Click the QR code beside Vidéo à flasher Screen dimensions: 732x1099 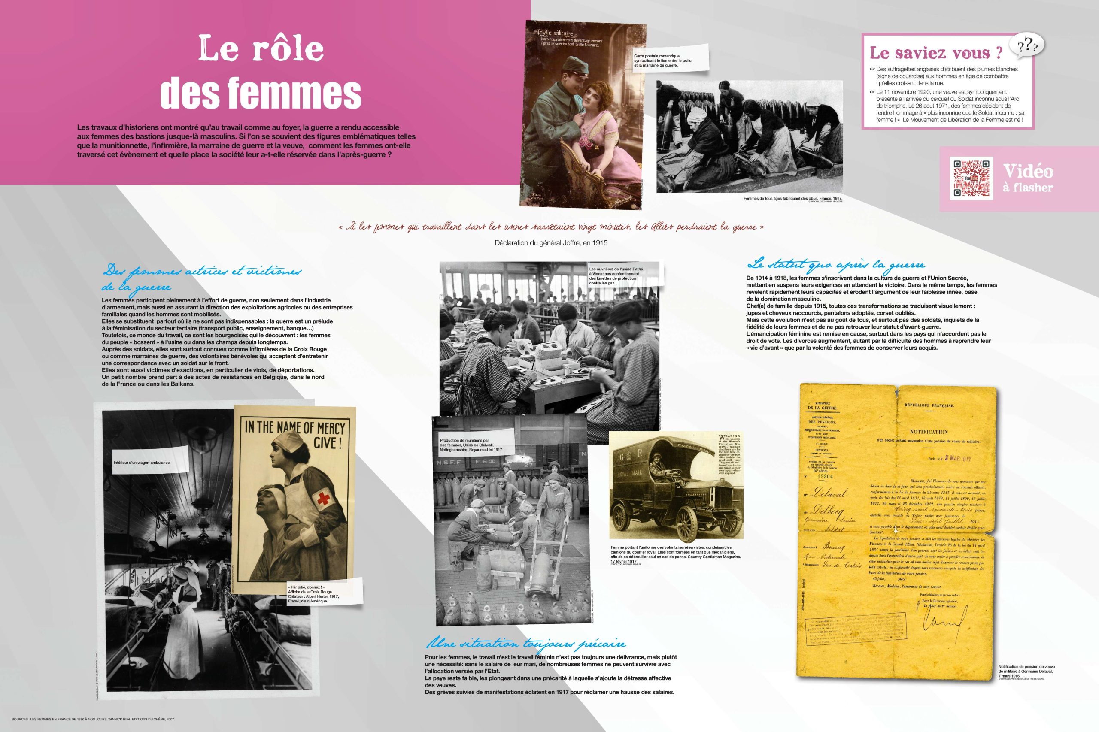(x=971, y=179)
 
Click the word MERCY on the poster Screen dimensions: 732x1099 (x=331, y=428)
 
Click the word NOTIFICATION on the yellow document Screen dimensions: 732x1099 (x=929, y=432)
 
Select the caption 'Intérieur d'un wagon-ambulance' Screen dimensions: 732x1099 (x=142, y=463)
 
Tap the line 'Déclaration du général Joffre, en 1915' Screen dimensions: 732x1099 (x=551, y=243)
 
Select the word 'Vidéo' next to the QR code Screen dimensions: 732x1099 (x=1028, y=172)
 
